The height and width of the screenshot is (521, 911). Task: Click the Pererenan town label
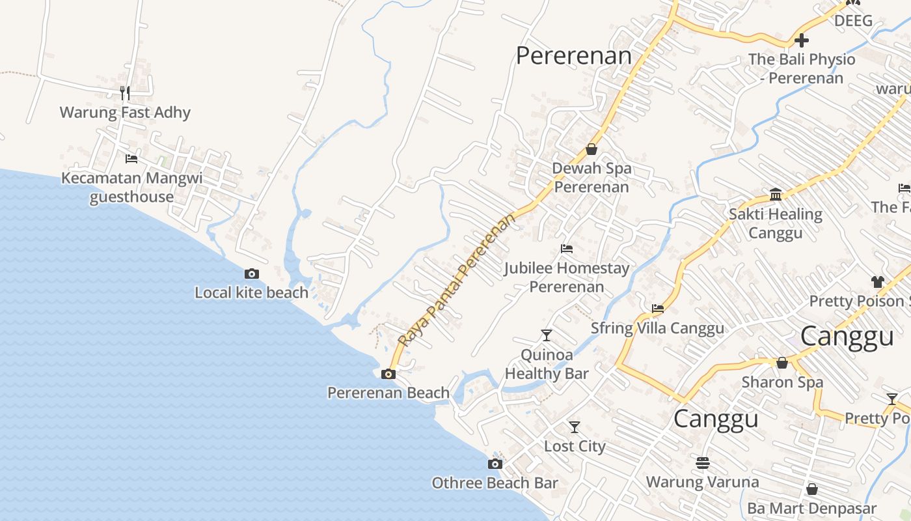(x=573, y=56)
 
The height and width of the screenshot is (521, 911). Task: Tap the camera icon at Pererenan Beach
(x=388, y=374)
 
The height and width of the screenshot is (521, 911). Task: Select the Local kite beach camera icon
(x=252, y=274)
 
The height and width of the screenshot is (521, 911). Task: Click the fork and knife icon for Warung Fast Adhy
(x=125, y=93)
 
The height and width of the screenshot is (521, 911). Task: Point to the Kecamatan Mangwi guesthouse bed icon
(x=131, y=158)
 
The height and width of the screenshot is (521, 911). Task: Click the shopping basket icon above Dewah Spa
(x=591, y=149)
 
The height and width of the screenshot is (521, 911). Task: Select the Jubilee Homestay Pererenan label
(x=567, y=277)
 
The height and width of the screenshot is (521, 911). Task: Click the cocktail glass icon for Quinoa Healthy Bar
(x=546, y=335)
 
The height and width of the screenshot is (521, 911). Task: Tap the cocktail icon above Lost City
(x=574, y=427)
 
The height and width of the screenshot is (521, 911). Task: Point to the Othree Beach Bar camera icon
(x=495, y=464)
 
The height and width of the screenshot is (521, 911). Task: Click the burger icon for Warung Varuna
(x=702, y=463)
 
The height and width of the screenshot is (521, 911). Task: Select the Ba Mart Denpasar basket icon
(x=811, y=489)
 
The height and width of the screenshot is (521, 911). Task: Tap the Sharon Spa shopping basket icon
(x=782, y=363)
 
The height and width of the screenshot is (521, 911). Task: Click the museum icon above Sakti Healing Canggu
(x=776, y=194)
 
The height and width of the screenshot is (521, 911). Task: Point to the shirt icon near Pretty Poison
(x=878, y=282)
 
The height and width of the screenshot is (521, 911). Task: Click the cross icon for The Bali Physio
(x=802, y=40)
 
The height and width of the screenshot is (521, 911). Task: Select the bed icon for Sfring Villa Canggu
(x=658, y=309)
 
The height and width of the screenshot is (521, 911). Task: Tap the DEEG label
(x=853, y=21)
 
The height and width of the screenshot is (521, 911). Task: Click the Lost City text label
(x=575, y=447)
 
